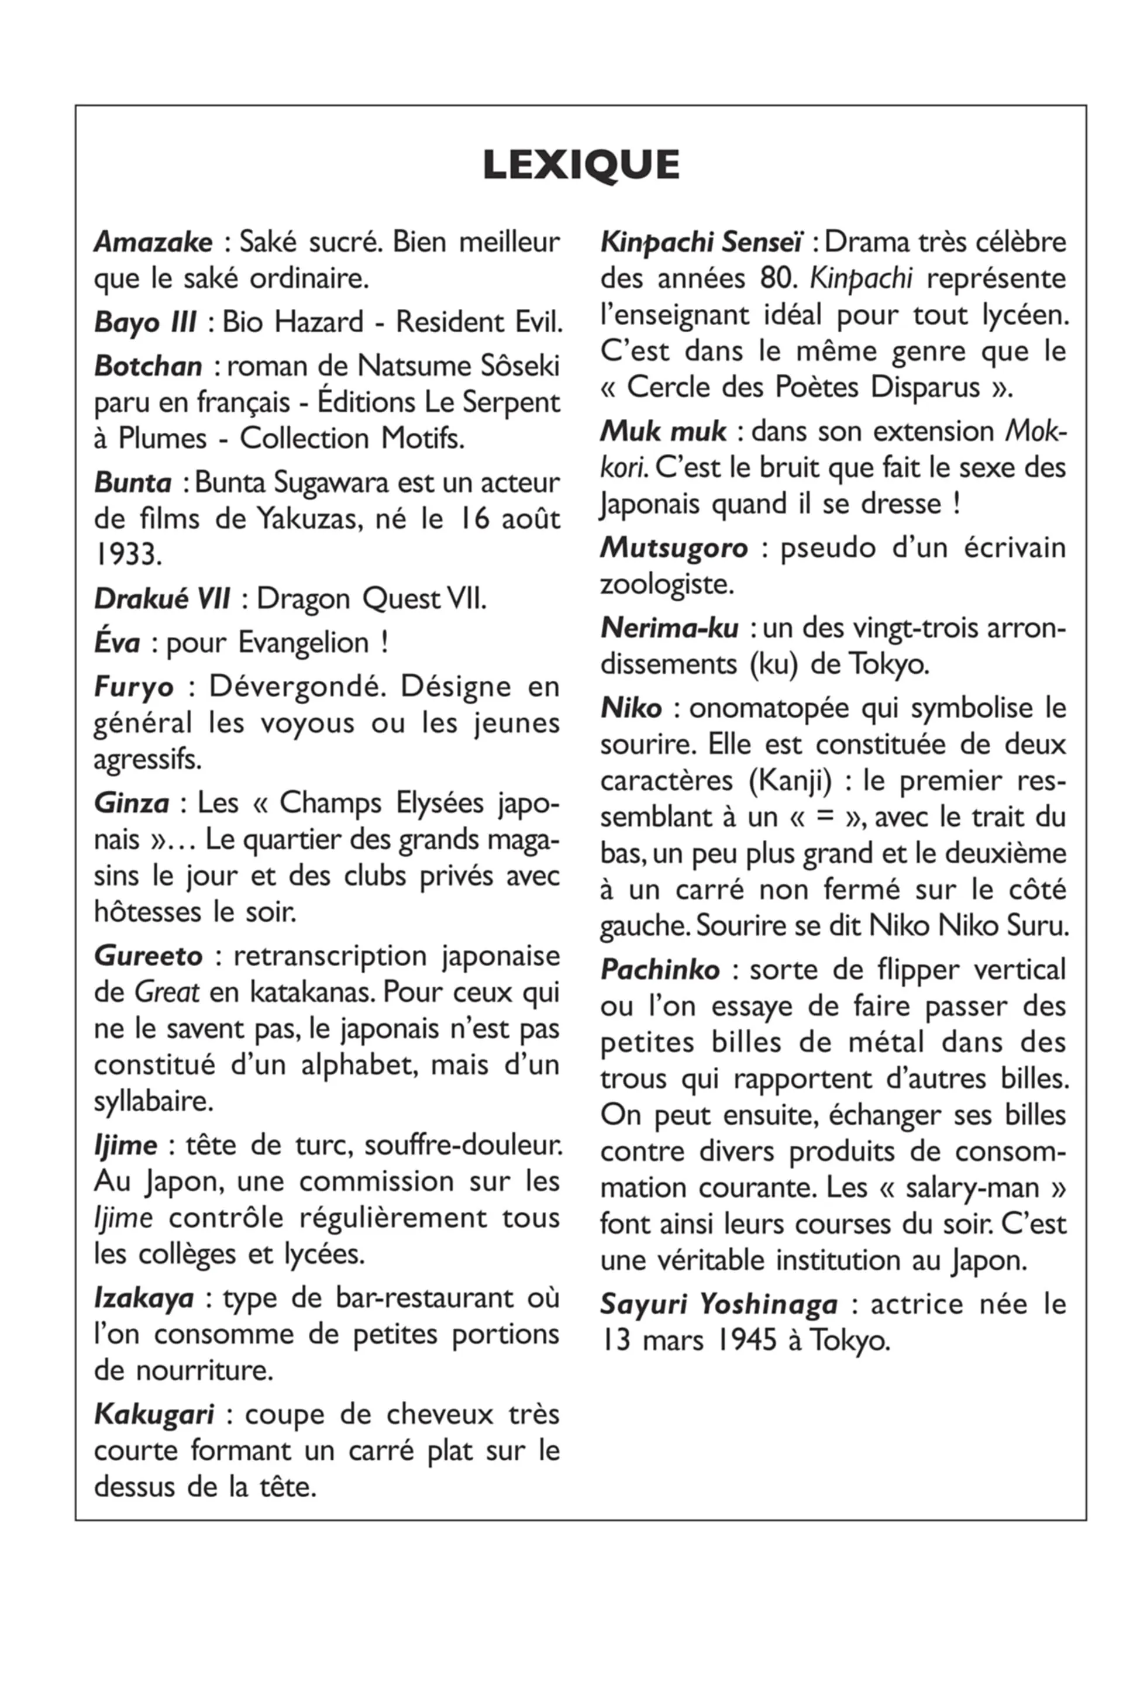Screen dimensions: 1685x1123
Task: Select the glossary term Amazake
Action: [153, 242]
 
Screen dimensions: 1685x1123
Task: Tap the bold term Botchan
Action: [148, 367]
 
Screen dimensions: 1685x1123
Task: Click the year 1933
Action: [127, 554]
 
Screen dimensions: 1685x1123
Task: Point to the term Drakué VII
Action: [162, 599]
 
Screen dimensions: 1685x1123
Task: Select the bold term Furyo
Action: [133, 687]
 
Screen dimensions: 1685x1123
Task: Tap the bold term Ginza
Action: [131, 804]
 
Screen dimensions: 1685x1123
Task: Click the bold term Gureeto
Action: [148, 956]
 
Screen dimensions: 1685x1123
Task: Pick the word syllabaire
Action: [153, 1101]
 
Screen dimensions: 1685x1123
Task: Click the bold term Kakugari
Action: [154, 1415]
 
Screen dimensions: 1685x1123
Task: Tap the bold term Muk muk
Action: [663, 432]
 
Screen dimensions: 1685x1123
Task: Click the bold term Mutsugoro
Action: [673, 549]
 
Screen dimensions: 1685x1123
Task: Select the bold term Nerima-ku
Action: [669, 628]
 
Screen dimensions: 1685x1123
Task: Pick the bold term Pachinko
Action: [660, 970]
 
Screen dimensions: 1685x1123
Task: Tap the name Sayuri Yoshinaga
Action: [718, 1305]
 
